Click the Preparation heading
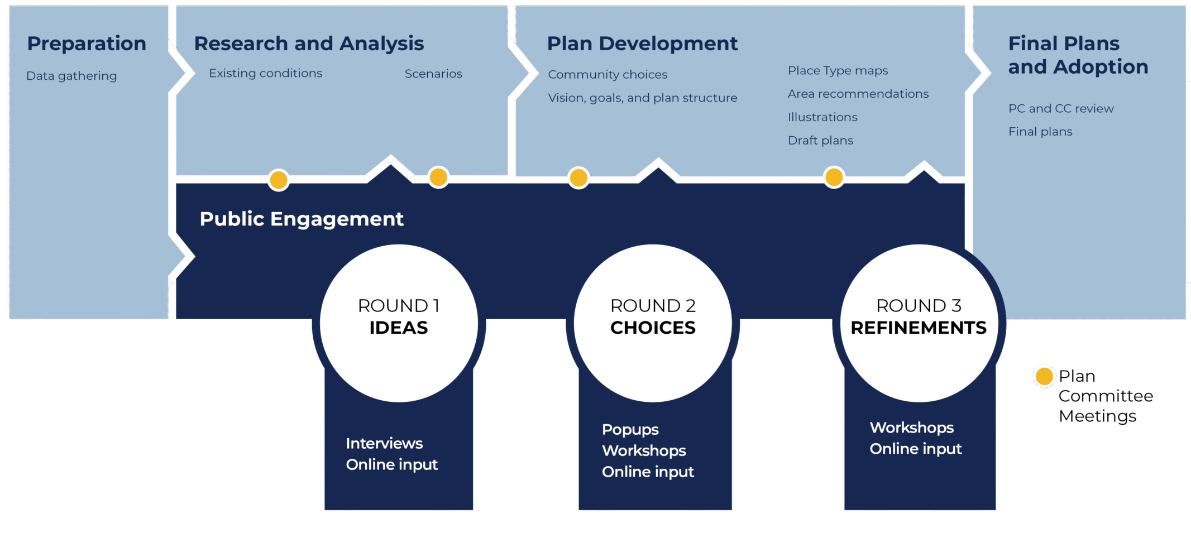tap(87, 44)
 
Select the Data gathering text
tap(71, 76)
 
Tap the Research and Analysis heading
tap(309, 44)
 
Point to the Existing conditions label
tap(265, 73)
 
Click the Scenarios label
tap(433, 74)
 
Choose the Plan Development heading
tap(642, 44)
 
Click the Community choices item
tap(608, 74)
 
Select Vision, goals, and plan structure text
tap(642, 98)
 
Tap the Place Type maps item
tap(838, 70)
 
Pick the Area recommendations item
tap(858, 94)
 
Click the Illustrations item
tap(822, 117)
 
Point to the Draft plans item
tap(820, 141)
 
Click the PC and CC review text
tap(1061, 108)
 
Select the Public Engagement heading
tap(302, 219)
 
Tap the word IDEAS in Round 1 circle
tap(399, 328)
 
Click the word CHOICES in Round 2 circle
tap(653, 328)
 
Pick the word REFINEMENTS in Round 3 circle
tap(919, 328)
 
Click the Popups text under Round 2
tap(630, 430)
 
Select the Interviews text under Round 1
tap(384, 443)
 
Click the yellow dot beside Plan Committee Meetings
tap(1044, 376)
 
